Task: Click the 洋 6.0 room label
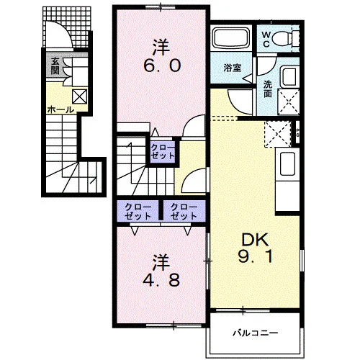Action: (162, 56)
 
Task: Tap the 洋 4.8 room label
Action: (161, 271)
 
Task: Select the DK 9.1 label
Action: (255, 248)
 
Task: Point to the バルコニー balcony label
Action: (256, 333)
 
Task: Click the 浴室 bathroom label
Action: (233, 68)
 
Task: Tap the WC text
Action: (266, 40)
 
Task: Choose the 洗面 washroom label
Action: (268, 89)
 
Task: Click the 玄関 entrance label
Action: (55, 66)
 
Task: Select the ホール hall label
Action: (60, 110)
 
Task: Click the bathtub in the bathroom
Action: (232, 38)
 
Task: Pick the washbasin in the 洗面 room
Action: (289, 77)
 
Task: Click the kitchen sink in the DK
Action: (288, 164)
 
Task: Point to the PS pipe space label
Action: (298, 132)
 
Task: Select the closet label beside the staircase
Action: (163, 152)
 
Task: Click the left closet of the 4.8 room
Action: (138, 212)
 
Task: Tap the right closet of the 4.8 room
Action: (184, 212)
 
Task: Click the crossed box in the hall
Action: (79, 96)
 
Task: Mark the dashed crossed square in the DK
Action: (278, 134)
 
